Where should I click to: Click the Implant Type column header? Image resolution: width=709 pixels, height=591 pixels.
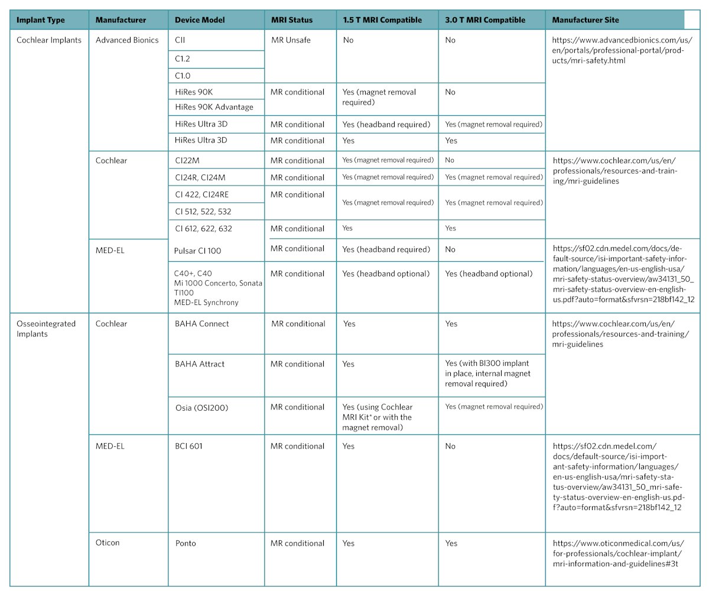[x=41, y=20]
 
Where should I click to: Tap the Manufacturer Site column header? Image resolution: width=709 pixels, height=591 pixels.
[x=586, y=20]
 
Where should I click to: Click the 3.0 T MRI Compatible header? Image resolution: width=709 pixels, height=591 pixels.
[x=485, y=20]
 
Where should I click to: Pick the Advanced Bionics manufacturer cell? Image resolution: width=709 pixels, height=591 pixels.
[x=127, y=40]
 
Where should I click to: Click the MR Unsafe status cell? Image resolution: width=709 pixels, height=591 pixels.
[x=291, y=40]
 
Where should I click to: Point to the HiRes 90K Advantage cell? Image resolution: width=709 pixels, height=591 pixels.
[x=214, y=107]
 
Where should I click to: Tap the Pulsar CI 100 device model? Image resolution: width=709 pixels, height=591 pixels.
[x=199, y=251]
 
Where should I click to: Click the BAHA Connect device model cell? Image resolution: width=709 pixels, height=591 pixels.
[x=202, y=324]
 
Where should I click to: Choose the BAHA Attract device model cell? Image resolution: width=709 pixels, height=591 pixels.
[x=200, y=364]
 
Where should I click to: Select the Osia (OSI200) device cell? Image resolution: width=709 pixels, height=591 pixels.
[x=201, y=407]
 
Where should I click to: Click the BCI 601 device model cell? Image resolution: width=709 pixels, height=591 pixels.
[x=189, y=446]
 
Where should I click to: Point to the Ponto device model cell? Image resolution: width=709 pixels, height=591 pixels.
[x=186, y=543]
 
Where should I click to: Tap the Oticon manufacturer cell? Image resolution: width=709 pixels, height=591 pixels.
[x=108, y=543]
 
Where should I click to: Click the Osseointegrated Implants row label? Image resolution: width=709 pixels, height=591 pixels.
[x=46, y=329]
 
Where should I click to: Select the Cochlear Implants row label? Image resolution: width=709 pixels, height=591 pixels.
[x=49, y=40]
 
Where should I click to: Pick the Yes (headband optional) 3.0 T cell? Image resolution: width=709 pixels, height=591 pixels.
[x=489, y=274]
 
